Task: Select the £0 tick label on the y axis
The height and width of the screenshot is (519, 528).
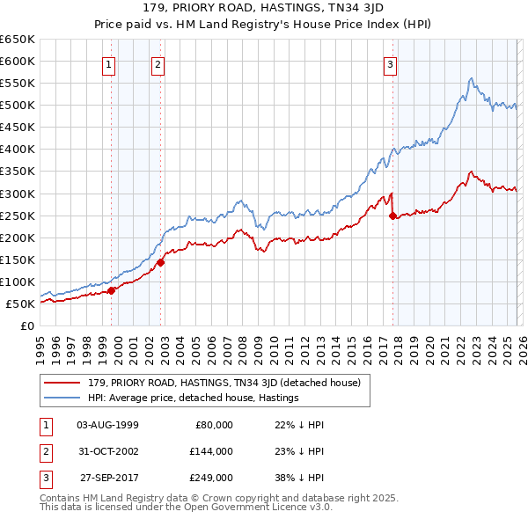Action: pyautogui.click(x=26, y=326)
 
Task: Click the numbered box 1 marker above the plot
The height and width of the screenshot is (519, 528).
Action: pyautogui.click(x=108, y=63)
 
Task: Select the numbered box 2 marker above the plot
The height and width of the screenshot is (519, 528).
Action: pyautogui.click(x=158, y=63)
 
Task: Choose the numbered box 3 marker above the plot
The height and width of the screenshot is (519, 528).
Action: pyautogui.click(x=390, y=63)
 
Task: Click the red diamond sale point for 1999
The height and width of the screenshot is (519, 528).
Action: pyautogui.click(x=112, y=290)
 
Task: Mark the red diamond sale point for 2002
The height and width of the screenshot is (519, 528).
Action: pyautogui.click(x=161, y=262)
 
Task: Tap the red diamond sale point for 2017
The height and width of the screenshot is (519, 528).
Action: pyautogui.click(x=392, y=216)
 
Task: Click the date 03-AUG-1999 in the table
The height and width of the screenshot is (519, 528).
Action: pyautogui.click(x=107, y=425)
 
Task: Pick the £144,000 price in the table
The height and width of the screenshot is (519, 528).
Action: pyautogui.click(x=211, y=450)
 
